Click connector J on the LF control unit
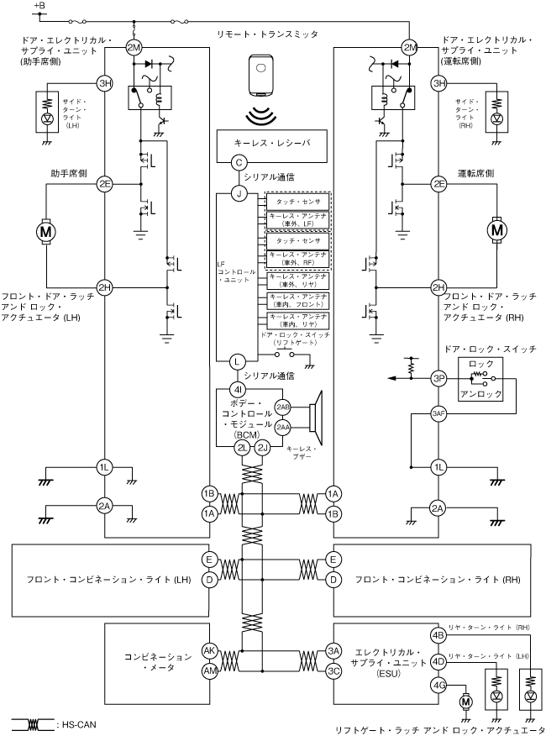[239, 195]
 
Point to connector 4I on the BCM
[239, 390]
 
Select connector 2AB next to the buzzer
[283, 407]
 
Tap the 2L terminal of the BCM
[244, 448]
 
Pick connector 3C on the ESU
[334, 670]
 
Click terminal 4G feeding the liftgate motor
[438, 686]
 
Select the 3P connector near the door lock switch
[438, 379]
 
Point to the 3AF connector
[438, 413]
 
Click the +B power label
[39, 7]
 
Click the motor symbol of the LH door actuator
[45, 229]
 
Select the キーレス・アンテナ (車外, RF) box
[297, 257]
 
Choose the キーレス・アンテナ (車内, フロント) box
[297, 299]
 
